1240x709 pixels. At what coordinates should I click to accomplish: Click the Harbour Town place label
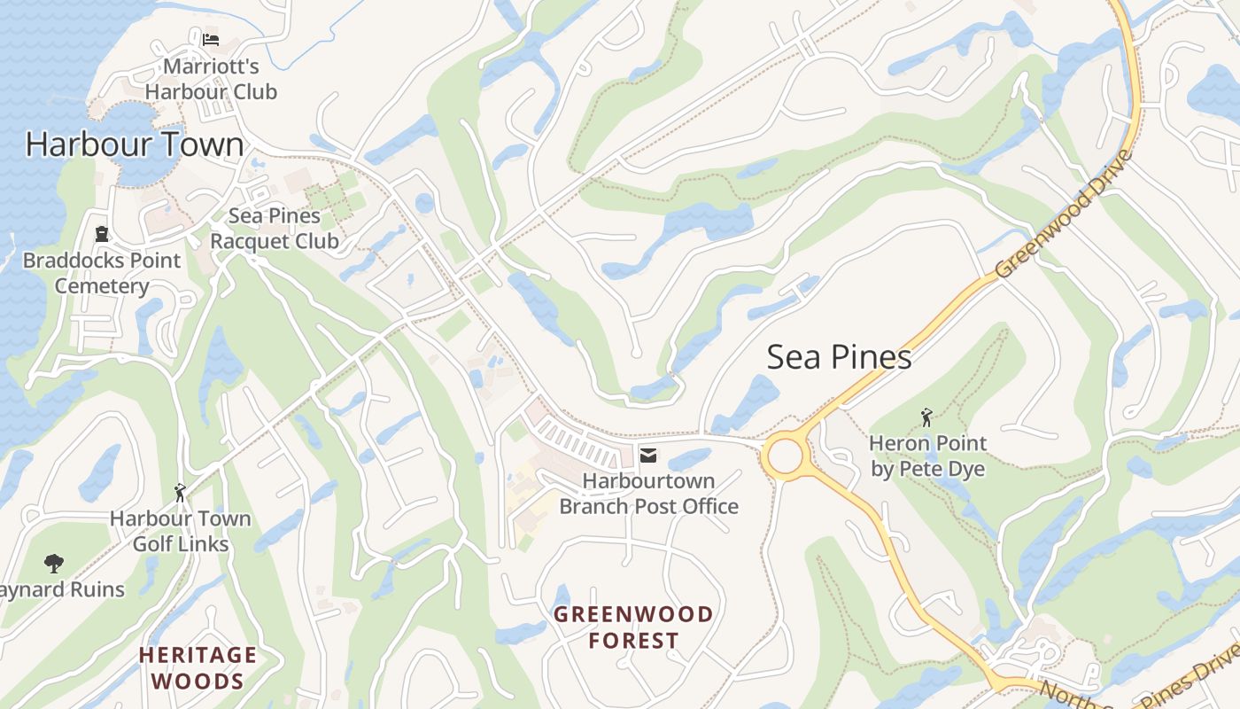coord(135,144)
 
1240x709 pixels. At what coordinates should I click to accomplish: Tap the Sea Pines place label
coord(839,357)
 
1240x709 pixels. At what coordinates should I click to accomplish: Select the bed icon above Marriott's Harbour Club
coord(211,40)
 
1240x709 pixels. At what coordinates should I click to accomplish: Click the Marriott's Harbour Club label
coord(211,80)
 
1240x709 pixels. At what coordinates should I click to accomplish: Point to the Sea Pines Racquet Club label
coord(275,229)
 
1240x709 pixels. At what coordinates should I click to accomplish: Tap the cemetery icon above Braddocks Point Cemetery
coord(102,235)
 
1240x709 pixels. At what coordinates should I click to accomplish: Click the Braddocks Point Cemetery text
coord(102,273)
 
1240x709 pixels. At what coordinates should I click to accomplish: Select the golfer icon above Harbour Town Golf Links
coord(181,493)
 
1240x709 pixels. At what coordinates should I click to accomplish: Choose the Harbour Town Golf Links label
coord(181,531)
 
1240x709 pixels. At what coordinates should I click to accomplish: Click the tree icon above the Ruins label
coord(54,563)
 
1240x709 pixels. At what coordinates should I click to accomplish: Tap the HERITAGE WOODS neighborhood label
coord(198,668)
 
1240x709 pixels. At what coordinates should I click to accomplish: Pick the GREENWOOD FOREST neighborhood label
coord(633,627)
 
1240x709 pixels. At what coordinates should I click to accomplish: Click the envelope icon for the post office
coord(648,456)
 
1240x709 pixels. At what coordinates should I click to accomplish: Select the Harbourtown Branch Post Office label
coord(649,494)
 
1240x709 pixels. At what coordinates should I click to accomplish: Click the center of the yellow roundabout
coord(785,457)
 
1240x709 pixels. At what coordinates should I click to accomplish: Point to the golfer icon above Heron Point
coord(926,417)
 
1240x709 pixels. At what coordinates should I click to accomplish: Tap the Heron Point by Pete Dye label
coord(927,456)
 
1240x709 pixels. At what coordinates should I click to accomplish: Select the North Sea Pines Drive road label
coord(1143,683)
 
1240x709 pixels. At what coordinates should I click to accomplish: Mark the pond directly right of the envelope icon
coord(690,459)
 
